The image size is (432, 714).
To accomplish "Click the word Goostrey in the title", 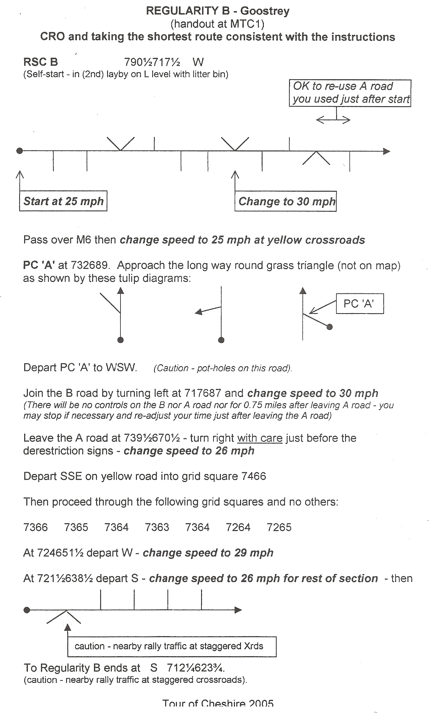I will tap(265, 11).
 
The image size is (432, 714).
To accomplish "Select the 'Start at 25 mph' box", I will tap(63, 201).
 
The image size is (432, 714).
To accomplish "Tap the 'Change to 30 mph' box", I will tap(286, 201).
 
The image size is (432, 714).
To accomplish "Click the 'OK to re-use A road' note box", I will tap(350, 93).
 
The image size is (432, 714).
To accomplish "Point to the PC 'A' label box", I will tap(359, 303).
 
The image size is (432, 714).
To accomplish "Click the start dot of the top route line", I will tap(19, 151).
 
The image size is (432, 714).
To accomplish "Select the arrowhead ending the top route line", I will tap(387, 151).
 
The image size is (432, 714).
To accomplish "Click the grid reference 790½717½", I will tap(152, 62).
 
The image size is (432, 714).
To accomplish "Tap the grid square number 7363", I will tap(157, 527).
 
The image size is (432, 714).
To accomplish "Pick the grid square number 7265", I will tap(279, 527).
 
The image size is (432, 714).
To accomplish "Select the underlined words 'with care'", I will tap(260, 438).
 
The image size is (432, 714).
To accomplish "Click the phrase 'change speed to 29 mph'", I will tap(208, 553).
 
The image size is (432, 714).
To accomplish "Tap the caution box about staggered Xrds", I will tap(172, 646).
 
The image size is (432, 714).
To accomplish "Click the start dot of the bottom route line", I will tap(27, 610).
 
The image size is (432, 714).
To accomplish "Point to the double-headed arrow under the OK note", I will tap(333, 120).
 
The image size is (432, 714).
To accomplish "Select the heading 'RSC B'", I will tap(41, 62).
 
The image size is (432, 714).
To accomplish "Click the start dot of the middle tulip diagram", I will tap(221, 340).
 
